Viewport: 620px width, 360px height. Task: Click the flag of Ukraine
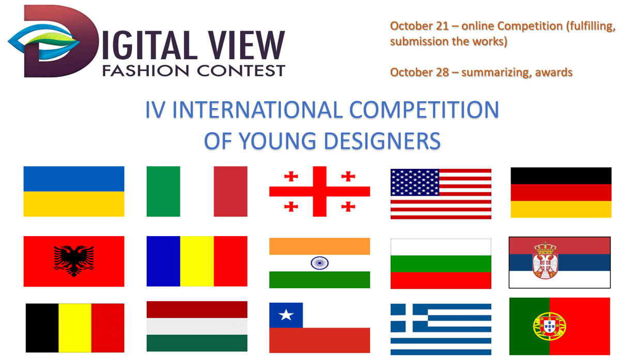(x=74, y=191)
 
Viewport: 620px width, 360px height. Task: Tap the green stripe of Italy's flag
(x=163, y=191)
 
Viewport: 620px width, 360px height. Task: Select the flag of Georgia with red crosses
(x=319, y=191)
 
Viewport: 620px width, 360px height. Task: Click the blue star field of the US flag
(x=414, y=182)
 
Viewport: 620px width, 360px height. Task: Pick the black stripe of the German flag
(x=561, y=176)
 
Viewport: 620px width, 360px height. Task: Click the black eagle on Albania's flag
(x=74, y=261)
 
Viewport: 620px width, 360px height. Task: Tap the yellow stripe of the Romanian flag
(x=197, y=261)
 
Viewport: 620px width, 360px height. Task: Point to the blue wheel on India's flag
(x=319, y=263)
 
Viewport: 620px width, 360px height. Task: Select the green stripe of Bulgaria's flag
(x=441, y=264)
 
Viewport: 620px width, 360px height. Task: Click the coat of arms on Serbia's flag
(x=545, y=261)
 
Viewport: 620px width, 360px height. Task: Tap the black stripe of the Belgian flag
(x=42, y=328)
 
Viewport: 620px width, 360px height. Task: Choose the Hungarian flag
(x=197, y=326)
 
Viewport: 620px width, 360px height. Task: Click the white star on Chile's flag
(x=286, y=315)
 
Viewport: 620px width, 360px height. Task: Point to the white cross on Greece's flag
(x=409, y=318)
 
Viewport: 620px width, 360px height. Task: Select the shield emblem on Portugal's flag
(x=549, y=327)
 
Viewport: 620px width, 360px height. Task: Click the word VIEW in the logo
(x=246, y=45)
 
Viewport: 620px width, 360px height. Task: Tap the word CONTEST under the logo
(x=241, y=71)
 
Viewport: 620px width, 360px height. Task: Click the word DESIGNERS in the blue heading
(x=382, y=141)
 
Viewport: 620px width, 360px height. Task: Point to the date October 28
(x=420, y=72)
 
